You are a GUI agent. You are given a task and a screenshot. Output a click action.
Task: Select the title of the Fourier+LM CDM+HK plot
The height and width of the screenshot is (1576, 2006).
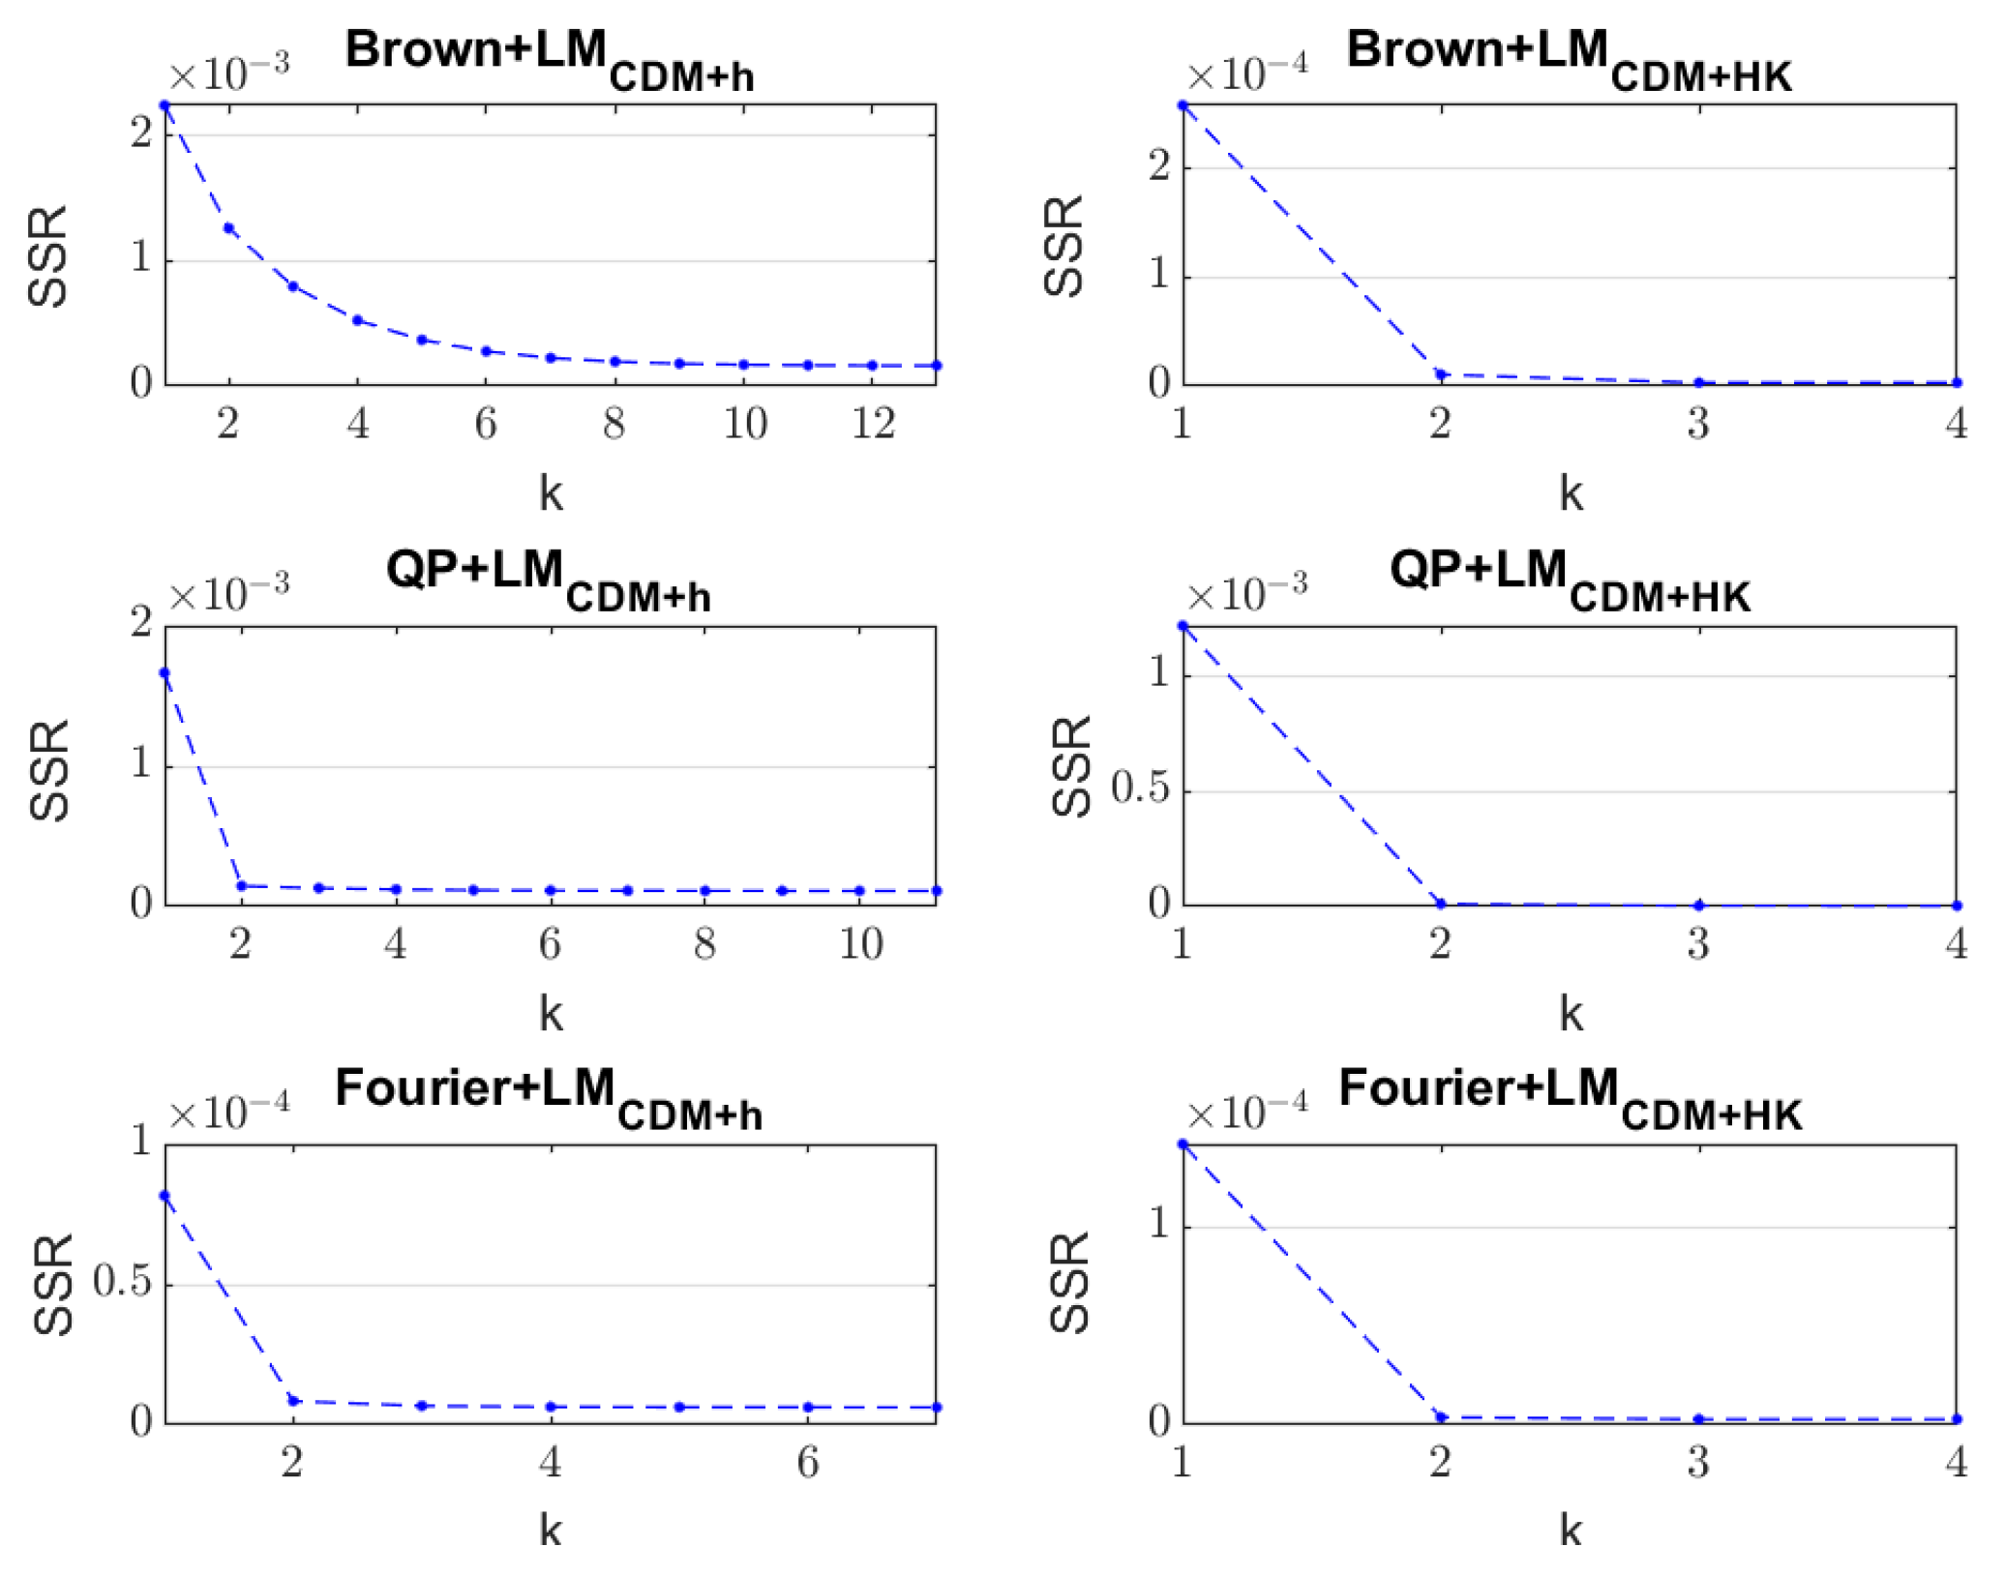[x=1569, y=1094]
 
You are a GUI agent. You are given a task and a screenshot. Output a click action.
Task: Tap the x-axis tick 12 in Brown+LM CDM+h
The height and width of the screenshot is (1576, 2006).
[x=872, y=424]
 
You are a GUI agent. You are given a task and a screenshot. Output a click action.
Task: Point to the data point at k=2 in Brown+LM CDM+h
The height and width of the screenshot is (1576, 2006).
[x=229, y=228]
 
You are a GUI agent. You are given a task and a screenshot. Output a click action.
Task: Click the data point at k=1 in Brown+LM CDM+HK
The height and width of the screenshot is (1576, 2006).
[x=1183, y=105]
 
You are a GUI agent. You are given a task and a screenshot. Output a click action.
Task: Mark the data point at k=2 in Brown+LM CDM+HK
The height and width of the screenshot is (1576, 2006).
[x=1441, y=374]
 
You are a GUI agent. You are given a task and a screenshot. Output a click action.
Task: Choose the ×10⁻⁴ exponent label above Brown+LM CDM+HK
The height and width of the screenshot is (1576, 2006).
[x=1247, y=74]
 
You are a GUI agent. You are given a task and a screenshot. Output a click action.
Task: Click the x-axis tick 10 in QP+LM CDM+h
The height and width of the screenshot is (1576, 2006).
[x=859, y=943]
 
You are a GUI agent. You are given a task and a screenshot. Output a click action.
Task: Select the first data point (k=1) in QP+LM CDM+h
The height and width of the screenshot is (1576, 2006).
[x=165, y=673]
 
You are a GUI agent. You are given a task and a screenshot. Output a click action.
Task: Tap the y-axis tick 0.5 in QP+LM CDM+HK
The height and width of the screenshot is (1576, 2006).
[x=1140, y=789]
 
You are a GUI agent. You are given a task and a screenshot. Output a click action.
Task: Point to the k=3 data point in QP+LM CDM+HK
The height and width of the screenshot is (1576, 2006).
[x=1698, y=906]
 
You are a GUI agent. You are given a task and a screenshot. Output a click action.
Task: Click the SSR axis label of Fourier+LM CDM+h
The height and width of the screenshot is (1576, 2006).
[x=52, y=1284]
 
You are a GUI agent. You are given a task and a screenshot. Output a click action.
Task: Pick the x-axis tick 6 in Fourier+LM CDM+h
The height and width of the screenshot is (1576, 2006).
[x=808, y=1462]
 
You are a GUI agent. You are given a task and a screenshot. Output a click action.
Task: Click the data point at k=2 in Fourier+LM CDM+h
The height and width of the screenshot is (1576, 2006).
[x=294, y=1401]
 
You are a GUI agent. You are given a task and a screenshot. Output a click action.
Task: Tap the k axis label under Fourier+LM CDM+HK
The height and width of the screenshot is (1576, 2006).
[x=1570, y=1531]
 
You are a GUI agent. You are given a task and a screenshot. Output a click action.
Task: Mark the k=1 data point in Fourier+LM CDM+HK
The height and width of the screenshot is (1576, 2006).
[x=1183, y=1145]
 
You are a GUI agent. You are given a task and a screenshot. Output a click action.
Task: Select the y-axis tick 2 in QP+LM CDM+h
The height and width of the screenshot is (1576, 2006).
[x=141, y=622]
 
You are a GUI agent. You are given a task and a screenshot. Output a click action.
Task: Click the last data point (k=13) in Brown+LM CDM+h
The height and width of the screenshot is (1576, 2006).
[x=936, y=366]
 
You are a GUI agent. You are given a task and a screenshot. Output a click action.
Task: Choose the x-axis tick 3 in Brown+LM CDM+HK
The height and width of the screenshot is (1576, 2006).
[x=1698, y=424]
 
